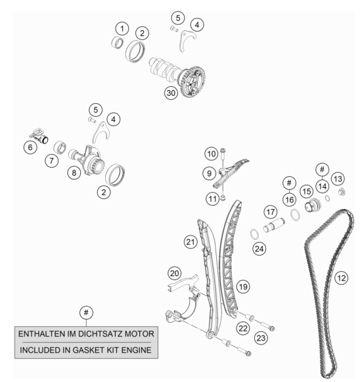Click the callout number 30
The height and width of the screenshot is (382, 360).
pos(171,93)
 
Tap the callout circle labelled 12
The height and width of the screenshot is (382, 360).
pos(341,277)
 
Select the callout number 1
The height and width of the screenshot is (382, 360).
pos(122,28)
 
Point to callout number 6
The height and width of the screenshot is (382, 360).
pos(30,147)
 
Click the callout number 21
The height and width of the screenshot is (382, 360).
pos(191,242)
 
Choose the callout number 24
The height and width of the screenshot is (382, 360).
pos(259,249)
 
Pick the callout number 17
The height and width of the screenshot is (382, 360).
pos(271,212)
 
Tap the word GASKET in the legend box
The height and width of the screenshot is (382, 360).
pos(88,350)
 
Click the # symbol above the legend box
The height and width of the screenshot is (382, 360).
pos(86,312)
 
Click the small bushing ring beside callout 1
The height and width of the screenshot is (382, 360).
pos(118,42)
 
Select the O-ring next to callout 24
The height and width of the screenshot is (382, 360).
pos(254,234)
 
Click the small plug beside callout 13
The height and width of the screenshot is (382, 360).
pos(342,192)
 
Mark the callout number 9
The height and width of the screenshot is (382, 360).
pos(210,173)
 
